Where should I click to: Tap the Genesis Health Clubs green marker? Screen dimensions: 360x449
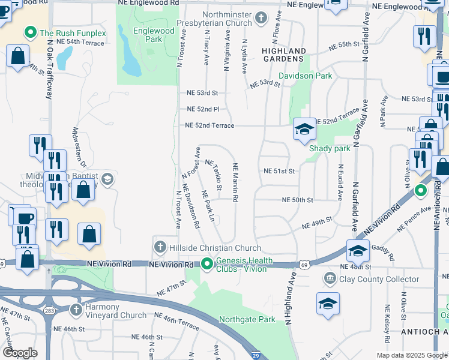[x=207, y=263]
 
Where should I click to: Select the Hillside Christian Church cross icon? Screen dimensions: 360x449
[x=160, y=247]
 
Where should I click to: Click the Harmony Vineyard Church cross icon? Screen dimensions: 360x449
[x=76, y=310]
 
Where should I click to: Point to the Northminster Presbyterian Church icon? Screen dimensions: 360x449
[x=260, y=19]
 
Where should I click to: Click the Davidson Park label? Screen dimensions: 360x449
[x=306, y=76]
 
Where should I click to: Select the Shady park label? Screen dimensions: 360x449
[x=329, y=148]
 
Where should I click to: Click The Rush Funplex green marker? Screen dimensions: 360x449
[x=28, y=32]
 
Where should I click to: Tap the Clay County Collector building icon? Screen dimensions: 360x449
[x=330, y=278]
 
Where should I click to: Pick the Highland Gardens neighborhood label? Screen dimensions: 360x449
[x=283, y=55]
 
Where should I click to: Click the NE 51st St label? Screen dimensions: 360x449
[x=280, y=171]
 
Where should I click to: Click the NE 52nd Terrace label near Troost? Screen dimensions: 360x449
[x=209, y=125]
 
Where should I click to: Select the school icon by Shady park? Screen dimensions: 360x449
[x=304, y=130]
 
